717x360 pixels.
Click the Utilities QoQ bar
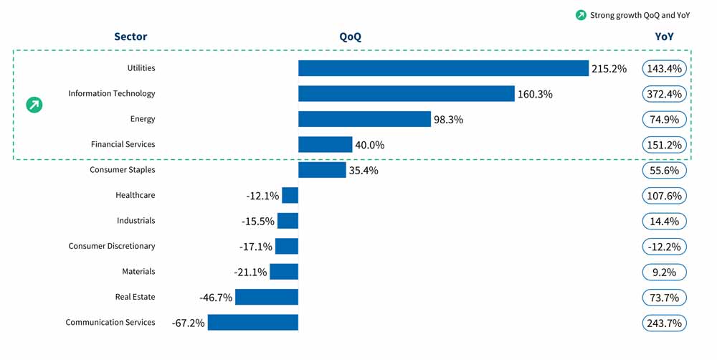443,68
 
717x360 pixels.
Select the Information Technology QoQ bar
407,94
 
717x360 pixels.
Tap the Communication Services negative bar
252,323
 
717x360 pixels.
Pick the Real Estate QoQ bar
266,297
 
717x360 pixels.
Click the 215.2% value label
609,69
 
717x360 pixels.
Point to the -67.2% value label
188,323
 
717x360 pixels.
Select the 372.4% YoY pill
664,94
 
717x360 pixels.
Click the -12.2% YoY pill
664,247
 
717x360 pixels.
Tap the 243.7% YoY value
664,323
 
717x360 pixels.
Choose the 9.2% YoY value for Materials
664,273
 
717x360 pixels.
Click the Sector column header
130,37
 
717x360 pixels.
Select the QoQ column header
350,37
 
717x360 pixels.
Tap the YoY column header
664,37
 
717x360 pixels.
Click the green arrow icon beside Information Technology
34,105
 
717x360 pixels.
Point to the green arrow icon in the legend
581,15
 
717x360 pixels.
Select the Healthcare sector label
135,195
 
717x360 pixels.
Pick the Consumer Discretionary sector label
112,246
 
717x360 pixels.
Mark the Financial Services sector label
123,144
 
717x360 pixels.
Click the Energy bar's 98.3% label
448,120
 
